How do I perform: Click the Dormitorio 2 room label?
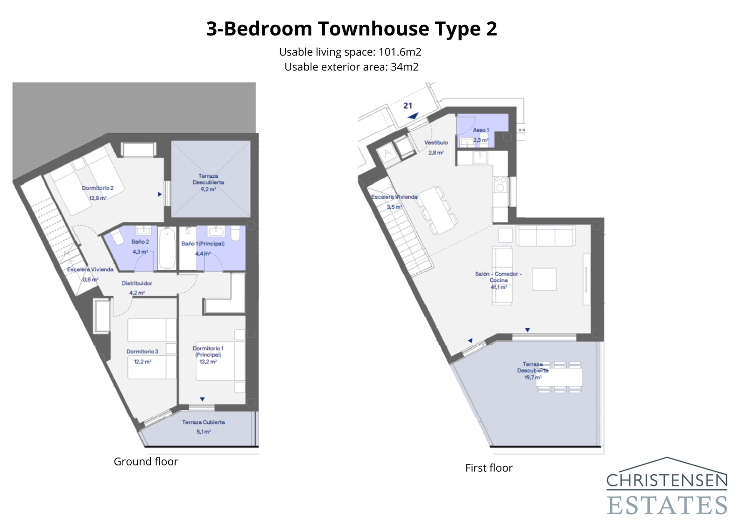(98, 188)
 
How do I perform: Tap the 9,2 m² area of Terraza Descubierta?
(208, 190)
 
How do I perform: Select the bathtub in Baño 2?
(167, 248)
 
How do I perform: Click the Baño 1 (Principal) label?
(203, 244)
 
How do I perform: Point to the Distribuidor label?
(137, 283)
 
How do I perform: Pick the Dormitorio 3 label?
(142, 352)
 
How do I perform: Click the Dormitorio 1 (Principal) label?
(208, 352)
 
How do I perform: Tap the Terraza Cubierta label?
(204, 422)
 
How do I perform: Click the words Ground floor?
(146, 462)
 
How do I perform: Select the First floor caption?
(488, 468)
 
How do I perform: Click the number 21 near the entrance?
(408, 106)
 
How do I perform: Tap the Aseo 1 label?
(481, 130)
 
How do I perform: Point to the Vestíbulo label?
(436, 143)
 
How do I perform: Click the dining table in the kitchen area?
(438, 210)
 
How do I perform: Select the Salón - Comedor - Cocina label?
(498, 277)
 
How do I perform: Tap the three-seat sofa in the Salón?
(545, 236)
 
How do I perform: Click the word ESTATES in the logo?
(667, 506)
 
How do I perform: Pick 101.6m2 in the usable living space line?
(400, 52)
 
